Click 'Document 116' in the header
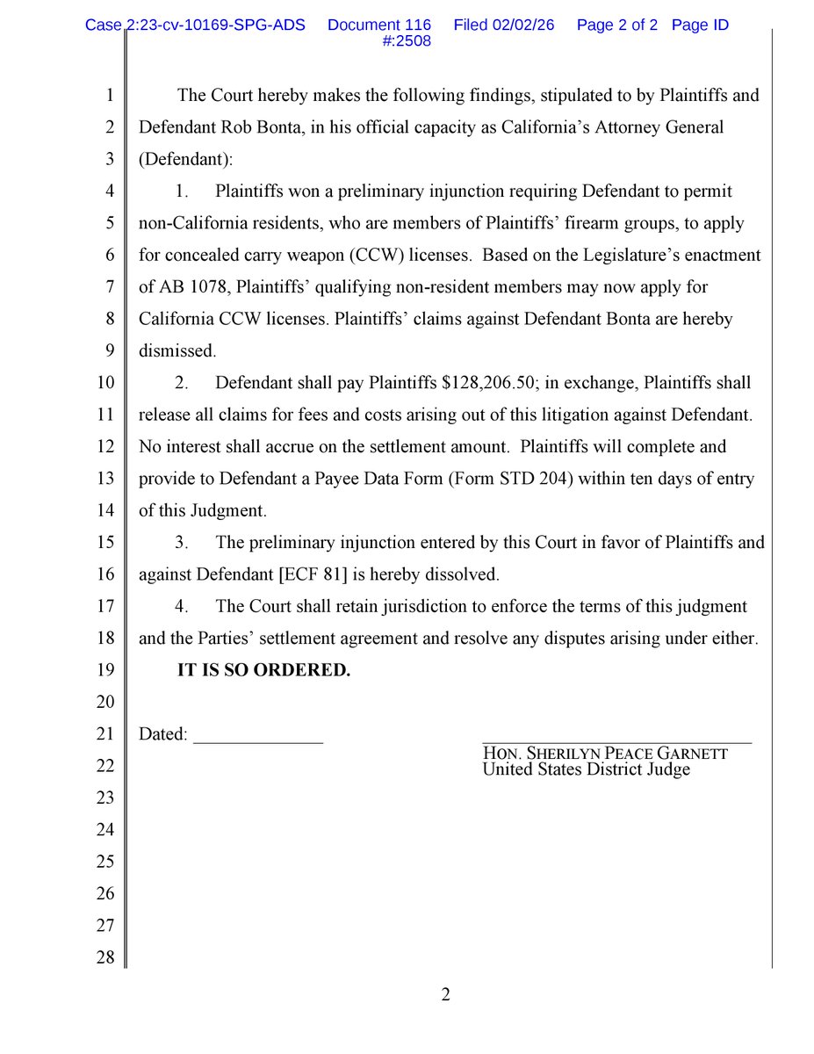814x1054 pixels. pyautogui.click(x=378, y=25)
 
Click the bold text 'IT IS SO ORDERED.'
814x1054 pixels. pyautogui.click(x=263, y=670)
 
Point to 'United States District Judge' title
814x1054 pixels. pyautogui.click(x=586, y=769)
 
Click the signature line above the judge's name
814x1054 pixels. pyautogui.click(x=616, y=743)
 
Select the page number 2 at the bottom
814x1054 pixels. pyautogui.click(x=445, y=995)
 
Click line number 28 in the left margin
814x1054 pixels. pyautogui.click(x=104, y=957)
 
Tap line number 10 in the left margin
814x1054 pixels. pyautogui.click(x=104, y=383)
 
